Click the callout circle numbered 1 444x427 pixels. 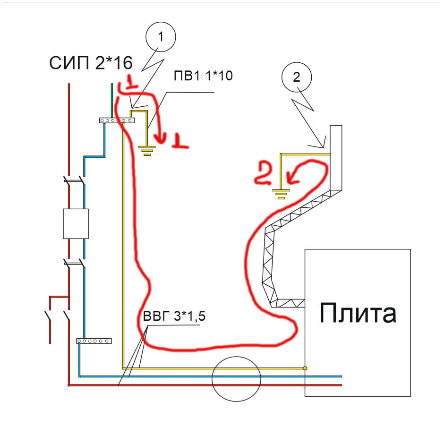tap(160, 37)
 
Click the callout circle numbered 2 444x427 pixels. tap(296, 77)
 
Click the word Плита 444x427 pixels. tap(358, 313)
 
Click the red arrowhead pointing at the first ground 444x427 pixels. tap(162, 137)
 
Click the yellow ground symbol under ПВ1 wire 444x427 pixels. tap(147, 150)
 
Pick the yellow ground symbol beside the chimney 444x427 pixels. tap(281, 193)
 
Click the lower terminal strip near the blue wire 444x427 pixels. tap(94, 341)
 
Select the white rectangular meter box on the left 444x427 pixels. tap(76, 223)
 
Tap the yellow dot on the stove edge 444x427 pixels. tap(305, 367)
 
